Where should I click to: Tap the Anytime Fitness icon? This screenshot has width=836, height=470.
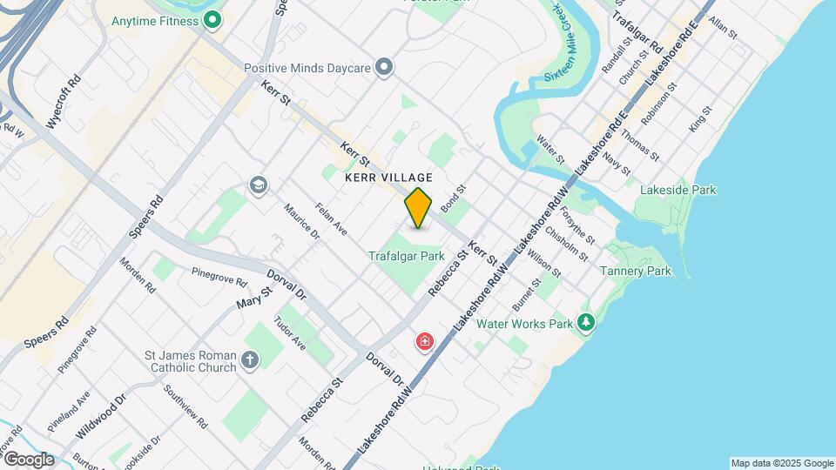coord(211,19)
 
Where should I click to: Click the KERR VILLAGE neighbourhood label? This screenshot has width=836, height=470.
coord(388,178)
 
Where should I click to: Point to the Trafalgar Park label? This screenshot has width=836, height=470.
coord(407,256)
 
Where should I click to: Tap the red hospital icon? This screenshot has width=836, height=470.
coord(425,340)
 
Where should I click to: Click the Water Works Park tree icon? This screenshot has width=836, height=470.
coord(587,324)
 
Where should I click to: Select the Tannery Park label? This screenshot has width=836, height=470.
coord(636,271)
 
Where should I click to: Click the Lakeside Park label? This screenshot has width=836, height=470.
coord(678,190)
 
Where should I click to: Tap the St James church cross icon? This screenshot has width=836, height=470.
coord(250,360)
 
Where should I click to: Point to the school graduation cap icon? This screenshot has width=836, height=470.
coord(258,185)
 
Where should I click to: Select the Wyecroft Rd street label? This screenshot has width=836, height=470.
coord(64,101)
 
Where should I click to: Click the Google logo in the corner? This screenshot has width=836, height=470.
coord(29,460)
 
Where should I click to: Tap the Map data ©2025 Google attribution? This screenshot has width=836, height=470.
coord(781,463)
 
